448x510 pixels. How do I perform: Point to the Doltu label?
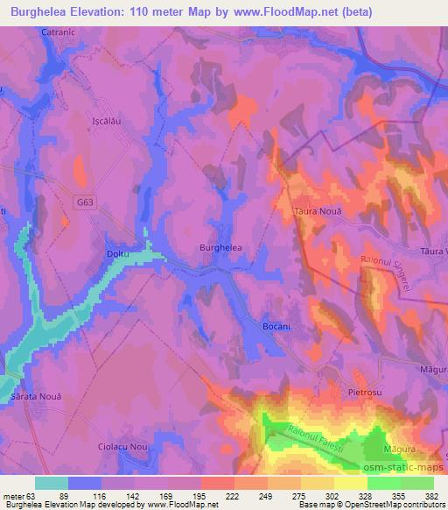click(117, 254)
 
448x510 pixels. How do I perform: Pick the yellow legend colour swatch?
click(351, 482)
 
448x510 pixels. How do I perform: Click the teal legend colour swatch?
click(52, 482)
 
